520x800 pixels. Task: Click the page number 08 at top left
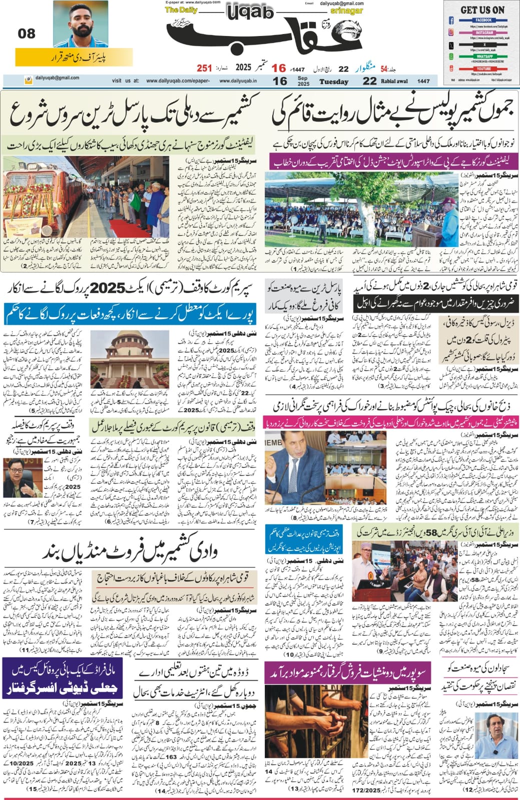pyautogui.click(x=27, y=33)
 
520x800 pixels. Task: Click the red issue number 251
pyautogui.click(x=204, y=68)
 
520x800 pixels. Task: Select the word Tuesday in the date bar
pyautogui.click(x=334, y=81)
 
